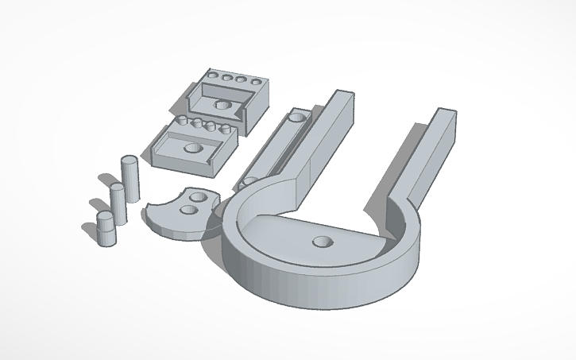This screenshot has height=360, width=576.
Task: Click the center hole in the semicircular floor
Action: point(322,242)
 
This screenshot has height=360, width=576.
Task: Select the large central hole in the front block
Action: point(192,148)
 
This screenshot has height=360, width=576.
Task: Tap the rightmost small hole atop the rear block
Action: point(257,81)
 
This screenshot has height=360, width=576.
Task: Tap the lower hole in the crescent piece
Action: point(188,211)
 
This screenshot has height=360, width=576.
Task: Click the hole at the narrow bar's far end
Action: point(297,117)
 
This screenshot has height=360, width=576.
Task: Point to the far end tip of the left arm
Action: point(341,95)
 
